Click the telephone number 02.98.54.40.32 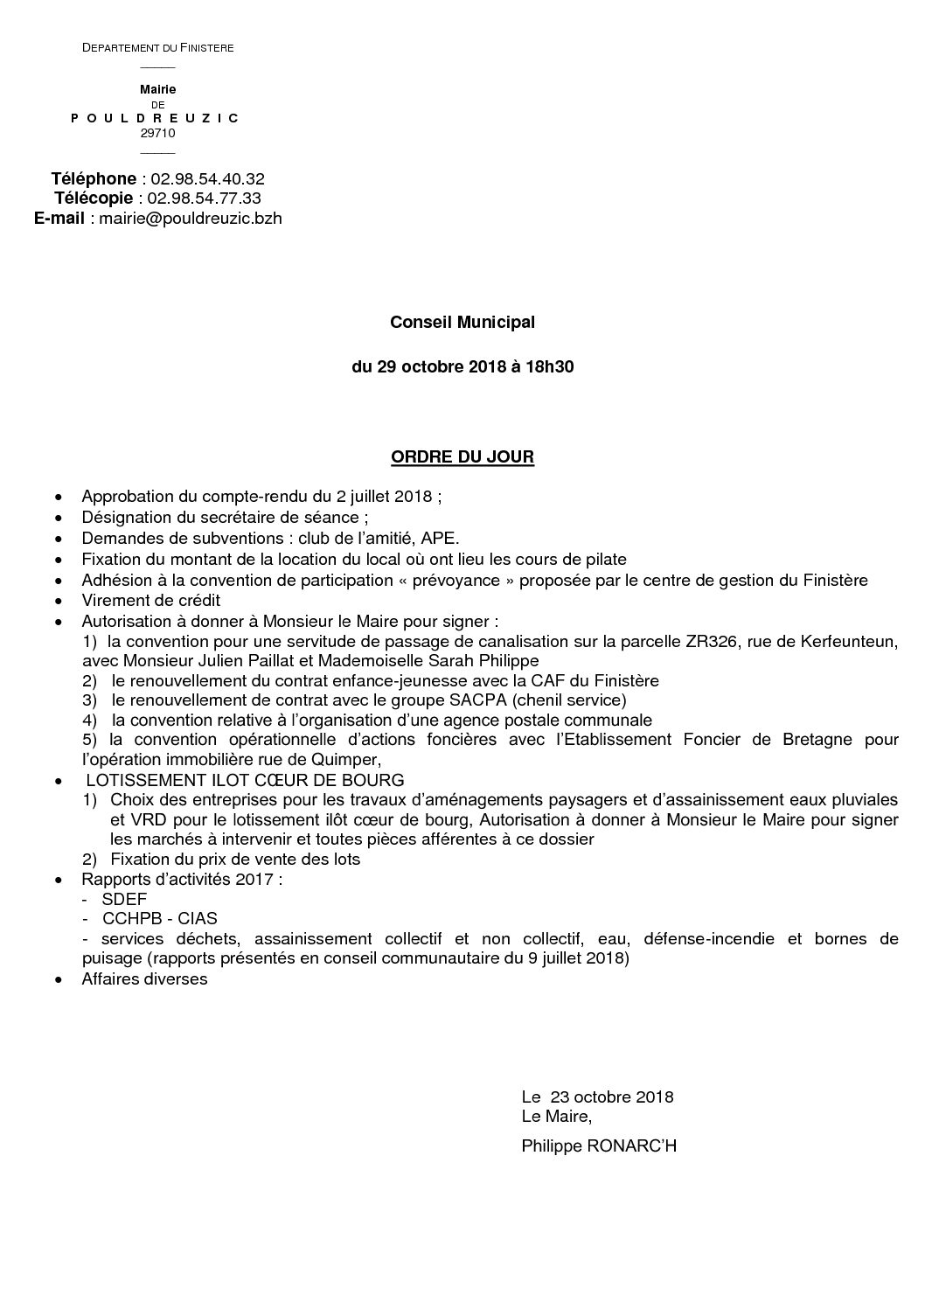pos(208,179)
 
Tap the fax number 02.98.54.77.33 pos(205,198)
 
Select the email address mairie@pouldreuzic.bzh pos(191,219)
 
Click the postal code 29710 pos(157,134)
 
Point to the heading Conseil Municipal pos(462,323)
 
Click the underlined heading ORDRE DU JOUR pos(462,457)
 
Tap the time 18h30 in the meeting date pos(550,367)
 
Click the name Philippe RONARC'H pos(599,1145)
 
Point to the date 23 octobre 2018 pos(612,1097)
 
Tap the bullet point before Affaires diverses pos(59,980)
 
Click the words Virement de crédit pos(151,601)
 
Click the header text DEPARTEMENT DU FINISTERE pos(157,47)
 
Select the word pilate pos(606,560)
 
